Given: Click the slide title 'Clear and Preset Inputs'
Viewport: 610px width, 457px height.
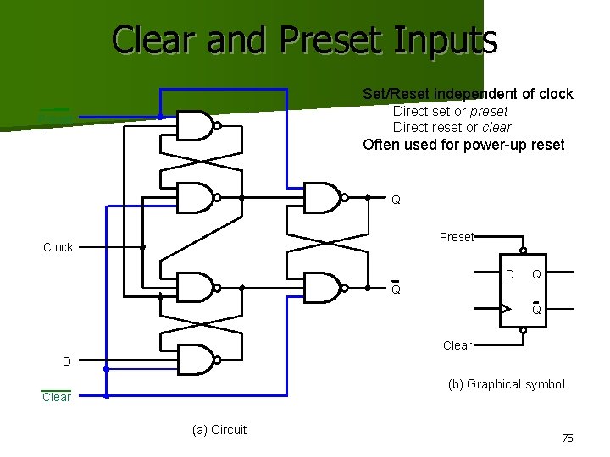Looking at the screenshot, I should coord(304,39).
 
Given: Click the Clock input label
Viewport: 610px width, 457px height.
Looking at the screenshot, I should coord(58,247).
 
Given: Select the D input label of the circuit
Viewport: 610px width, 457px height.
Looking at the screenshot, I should coord(66,361).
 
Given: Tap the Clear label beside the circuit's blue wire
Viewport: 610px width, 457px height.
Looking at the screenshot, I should coord(57,397).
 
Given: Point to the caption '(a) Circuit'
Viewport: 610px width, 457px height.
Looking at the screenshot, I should coord(219,430).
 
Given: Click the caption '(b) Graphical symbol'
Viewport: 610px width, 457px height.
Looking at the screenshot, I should coord(506,384).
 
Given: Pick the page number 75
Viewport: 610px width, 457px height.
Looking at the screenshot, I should coord(568,438).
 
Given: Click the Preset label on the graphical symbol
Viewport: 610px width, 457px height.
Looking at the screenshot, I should coord(457,237).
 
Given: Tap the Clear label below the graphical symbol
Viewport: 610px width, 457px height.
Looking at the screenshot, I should coord(457,345).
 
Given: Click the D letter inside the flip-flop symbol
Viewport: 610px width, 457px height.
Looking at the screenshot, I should coord(509,274).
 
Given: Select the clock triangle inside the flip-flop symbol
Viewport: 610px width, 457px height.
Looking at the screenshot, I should coord(506,308).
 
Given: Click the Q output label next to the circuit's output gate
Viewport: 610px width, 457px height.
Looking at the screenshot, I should coord(396,201).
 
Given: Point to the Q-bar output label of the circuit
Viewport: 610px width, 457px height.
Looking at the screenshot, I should coord(396,289).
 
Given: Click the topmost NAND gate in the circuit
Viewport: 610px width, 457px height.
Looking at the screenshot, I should coord(196,126).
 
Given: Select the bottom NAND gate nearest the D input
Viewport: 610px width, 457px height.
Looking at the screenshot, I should coord(196,360).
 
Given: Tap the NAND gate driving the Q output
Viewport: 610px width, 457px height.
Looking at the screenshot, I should coord(322,197).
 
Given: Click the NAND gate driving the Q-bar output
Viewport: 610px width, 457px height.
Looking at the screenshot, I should coord(322,288).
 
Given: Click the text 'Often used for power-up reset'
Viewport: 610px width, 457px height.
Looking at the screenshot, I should coord(463,145).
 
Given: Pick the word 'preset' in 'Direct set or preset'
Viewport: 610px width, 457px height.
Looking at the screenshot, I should coord(489,111).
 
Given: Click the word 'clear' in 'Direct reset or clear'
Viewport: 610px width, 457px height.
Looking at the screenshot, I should coord(496,127).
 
